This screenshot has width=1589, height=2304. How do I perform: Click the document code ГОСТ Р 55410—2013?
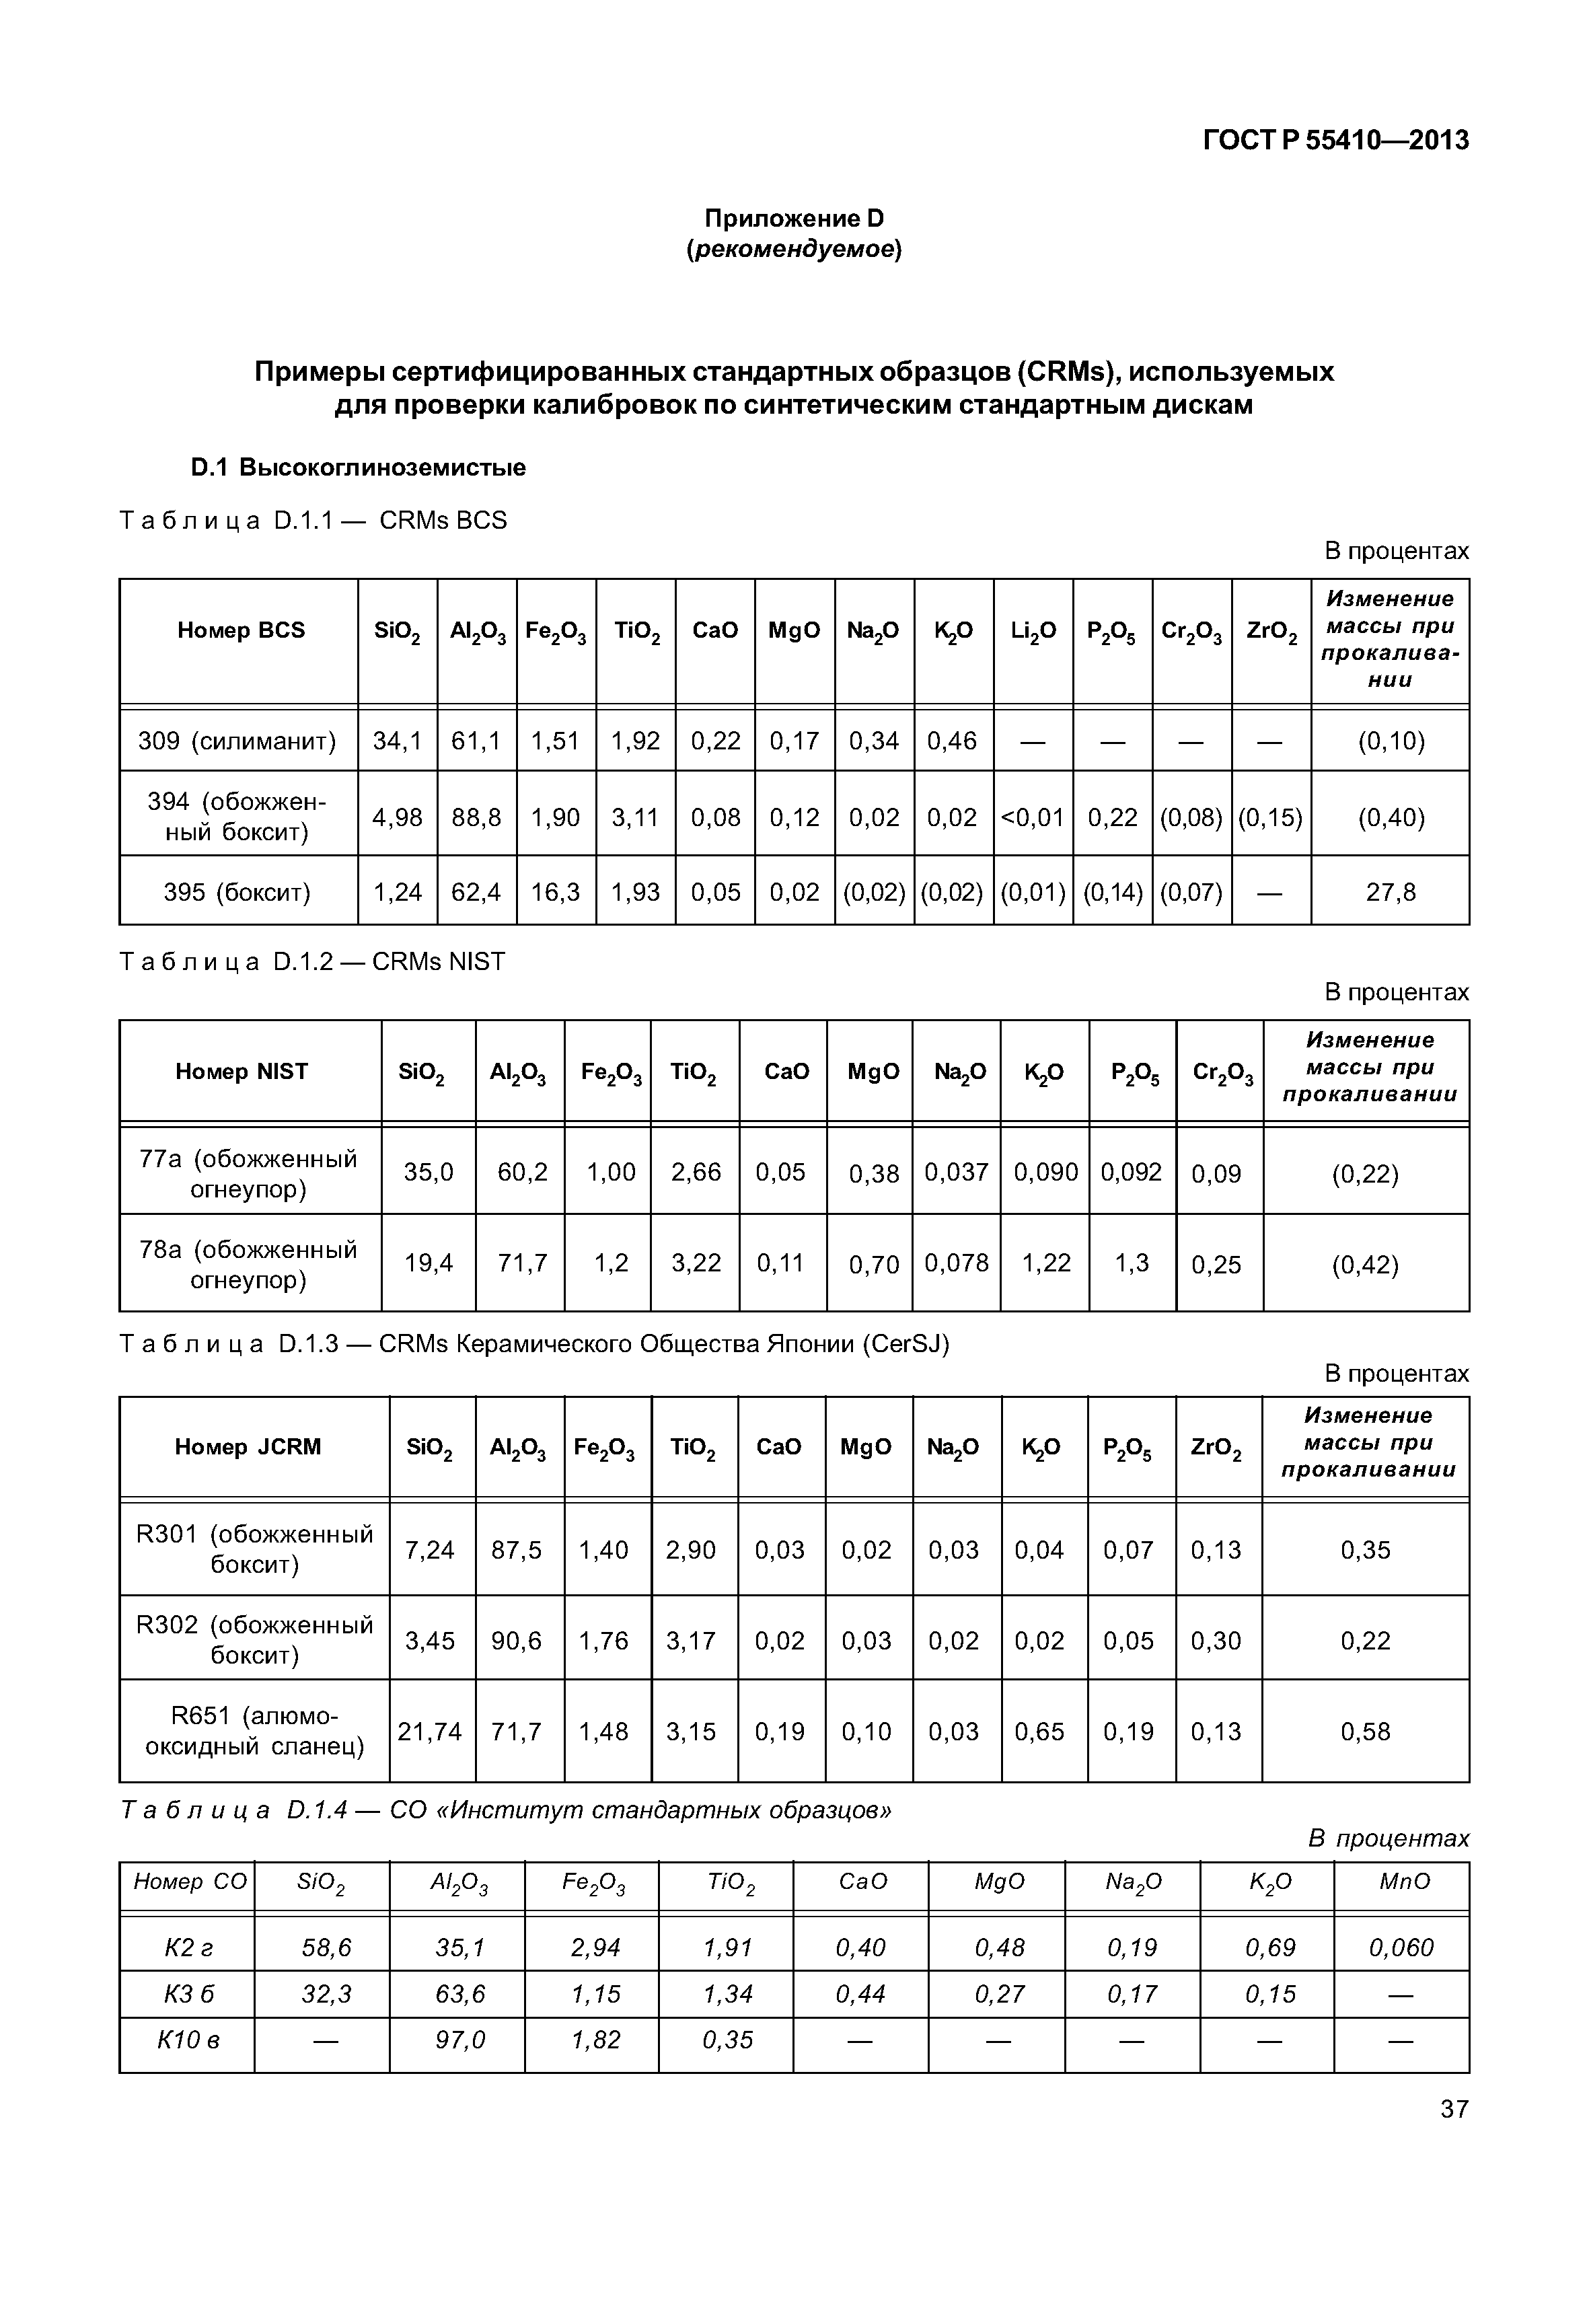coord(1334,141)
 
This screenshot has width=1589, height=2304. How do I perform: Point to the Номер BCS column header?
coord(240,630)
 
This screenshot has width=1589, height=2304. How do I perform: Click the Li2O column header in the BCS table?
coord(1033,630)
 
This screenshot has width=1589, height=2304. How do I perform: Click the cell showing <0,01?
coord(1033,817)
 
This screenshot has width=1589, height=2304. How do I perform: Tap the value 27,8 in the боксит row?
coord(1390,892)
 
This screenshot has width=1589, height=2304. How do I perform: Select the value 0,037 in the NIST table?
coord(956,1172)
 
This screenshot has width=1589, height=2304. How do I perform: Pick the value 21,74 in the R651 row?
coord(430,1732)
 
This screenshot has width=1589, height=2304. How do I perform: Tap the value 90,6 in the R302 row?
coord(516,1640)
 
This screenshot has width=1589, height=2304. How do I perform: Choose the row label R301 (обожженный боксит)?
coord(254,1549)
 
